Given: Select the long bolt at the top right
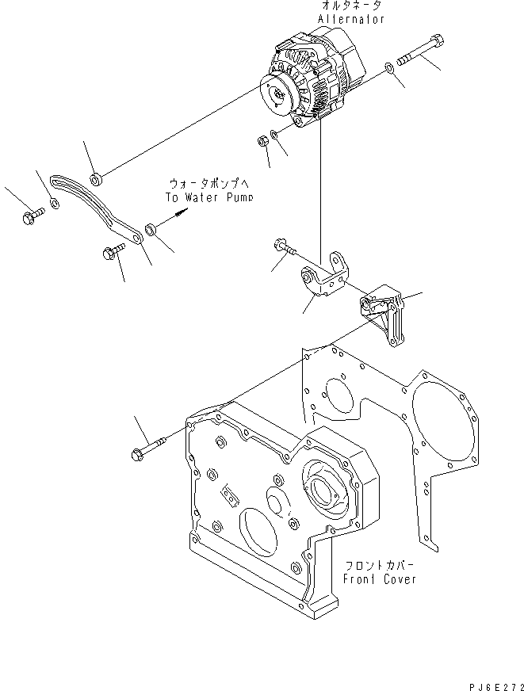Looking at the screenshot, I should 421,52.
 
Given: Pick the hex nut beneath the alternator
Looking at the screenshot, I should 262,142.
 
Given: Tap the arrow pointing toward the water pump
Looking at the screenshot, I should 181,212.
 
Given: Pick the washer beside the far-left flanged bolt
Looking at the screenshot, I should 54,204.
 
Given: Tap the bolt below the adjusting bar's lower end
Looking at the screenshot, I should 111,253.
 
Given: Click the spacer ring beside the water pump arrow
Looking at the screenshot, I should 151,230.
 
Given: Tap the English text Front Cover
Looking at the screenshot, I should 380,578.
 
